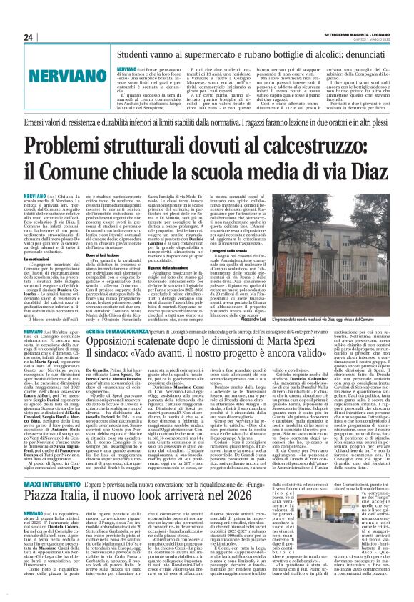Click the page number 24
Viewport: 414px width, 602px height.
tap(27, 37)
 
